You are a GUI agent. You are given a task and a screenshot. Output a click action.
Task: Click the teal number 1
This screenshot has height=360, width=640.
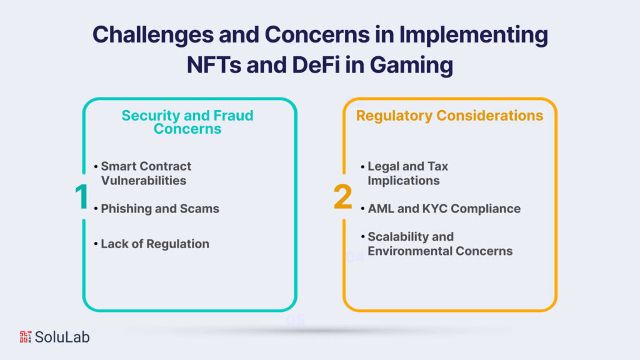[82, 196]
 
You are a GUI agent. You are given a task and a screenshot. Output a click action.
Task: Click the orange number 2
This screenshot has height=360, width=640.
[342, 196]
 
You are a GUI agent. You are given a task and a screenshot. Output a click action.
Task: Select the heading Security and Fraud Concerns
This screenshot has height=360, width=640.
[187, 122]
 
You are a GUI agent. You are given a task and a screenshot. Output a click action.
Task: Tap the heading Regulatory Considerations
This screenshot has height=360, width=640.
[449, 116]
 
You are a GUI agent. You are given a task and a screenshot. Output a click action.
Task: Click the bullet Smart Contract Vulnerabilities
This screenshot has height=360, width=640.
[146, 173]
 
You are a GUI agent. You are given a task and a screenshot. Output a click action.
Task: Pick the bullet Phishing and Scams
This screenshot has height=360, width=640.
[160, 209]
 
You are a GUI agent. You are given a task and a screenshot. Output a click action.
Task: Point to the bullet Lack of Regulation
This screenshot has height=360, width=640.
[155, 244]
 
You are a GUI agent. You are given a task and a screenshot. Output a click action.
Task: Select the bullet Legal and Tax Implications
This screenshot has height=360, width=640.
[407, 173]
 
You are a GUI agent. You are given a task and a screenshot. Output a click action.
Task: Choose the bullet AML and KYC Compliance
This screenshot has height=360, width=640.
[444, 209]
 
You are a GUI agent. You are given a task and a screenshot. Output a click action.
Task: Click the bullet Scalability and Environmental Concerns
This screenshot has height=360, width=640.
[440, 244]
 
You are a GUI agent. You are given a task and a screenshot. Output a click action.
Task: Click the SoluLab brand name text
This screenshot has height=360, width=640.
[62, 337]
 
